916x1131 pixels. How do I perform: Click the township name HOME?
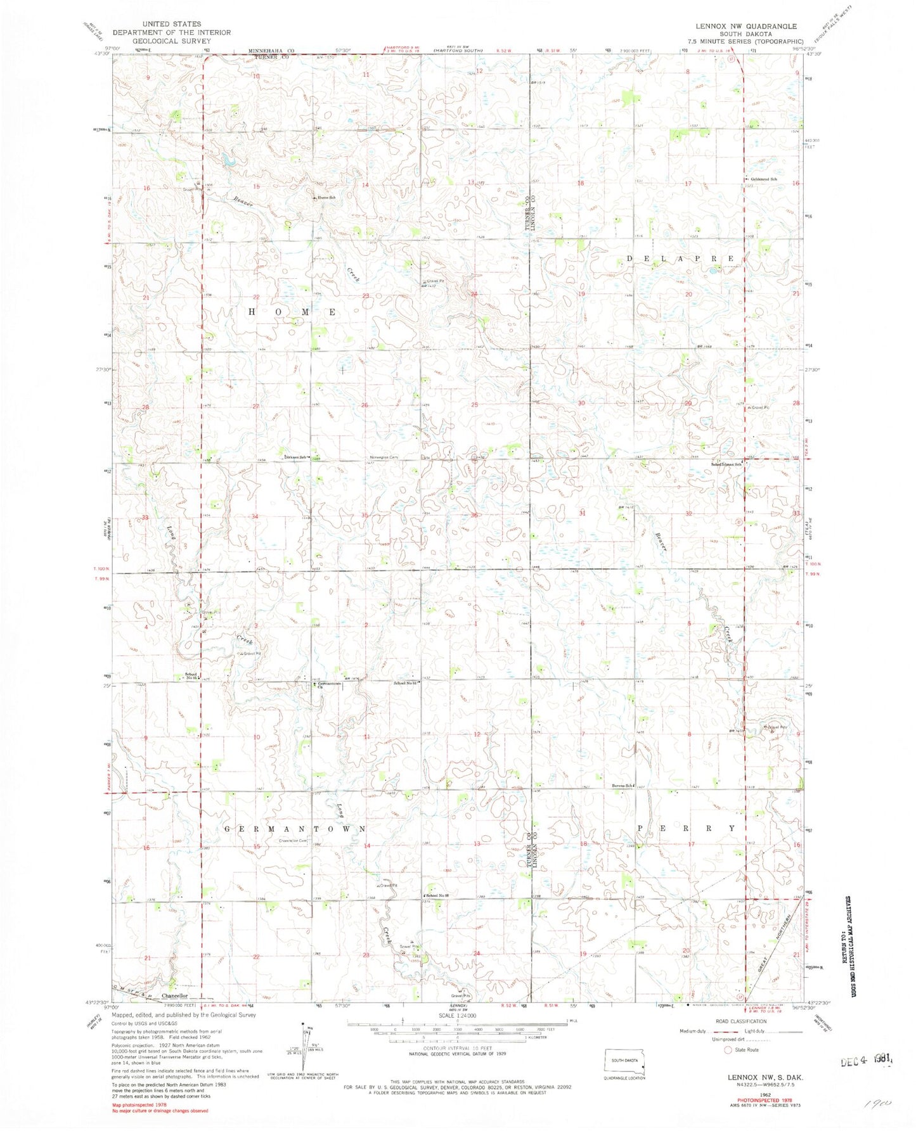click(x=292, y=312)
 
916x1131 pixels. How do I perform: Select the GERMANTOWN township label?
click(x=295, y=829)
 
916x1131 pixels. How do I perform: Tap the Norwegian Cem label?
click(x=384, y=457)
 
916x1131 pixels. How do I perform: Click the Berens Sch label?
click(x=622, y=786)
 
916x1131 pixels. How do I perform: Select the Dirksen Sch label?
click(x=295, y=457)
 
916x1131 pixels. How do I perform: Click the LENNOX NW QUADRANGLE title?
click(x=746, y=27)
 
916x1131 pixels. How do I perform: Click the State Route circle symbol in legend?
click(x=728, y=1050)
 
